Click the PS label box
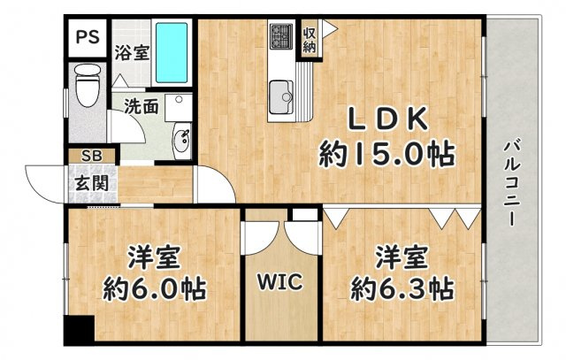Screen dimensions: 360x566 [x=87, y=37]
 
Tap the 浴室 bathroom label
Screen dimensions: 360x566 [x=131, y=50]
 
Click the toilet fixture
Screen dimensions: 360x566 [x=87, y=86]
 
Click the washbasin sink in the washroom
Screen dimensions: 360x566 [x=184, y=141]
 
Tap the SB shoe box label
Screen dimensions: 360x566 [x=91, y=157]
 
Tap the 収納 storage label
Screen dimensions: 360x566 [x=310, y=40]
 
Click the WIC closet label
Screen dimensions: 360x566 [x=279, y=284]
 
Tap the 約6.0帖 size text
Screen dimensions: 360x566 [x=155, y=288]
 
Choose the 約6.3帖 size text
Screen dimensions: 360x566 [x=402, y=288]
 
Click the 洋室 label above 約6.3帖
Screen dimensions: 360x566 [x=402, y=258]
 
